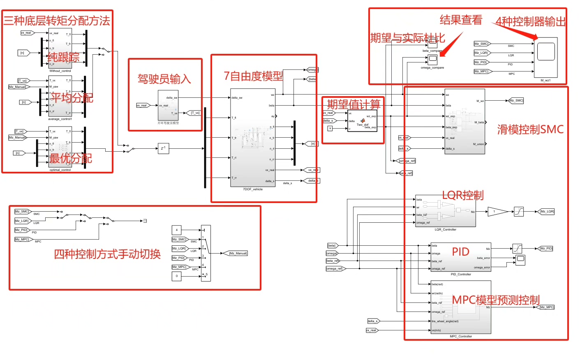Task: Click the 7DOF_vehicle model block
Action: point(252,138)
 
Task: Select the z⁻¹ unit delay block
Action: point(163,148)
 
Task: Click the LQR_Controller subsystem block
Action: point(445,211)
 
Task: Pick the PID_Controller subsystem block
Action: point(460,257)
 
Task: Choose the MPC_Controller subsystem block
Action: point(460,307)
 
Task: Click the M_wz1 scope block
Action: point(546,57)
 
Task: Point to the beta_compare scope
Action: point(432,44)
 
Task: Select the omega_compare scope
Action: point(432,60)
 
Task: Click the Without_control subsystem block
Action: point(60,48)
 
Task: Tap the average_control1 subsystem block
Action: point(60,97)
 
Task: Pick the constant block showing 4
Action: point(176,230)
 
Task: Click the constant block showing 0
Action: point(176,276)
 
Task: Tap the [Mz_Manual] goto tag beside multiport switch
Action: point(238,253)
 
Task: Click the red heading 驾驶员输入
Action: point(164,78)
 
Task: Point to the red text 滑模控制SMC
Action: point(530,129)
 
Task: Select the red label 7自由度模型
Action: point(253,76)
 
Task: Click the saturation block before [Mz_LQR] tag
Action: point(519,212)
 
